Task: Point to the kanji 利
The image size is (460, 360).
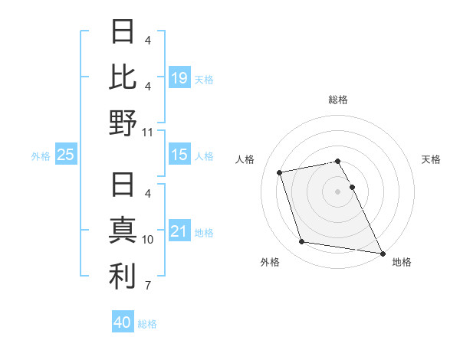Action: [123, 277]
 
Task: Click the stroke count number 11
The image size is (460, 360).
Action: [148, 133]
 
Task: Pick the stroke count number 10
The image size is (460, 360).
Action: [148, 240]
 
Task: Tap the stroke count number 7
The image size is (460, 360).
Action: [148, 286]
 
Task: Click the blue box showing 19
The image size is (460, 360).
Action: [179, 78]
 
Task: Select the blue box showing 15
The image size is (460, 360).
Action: [179, 155]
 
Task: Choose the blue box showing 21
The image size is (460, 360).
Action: [179, 231]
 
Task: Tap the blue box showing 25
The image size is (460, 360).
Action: [66, 155]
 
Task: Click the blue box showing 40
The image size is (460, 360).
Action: [123, 322]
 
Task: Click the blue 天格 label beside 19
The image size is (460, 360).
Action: [204, 79]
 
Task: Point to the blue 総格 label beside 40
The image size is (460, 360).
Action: [147, 323]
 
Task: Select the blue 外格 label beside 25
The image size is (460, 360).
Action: [41, 155]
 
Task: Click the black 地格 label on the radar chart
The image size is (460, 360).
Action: [402, 262]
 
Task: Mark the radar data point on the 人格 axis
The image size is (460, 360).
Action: [281, 172]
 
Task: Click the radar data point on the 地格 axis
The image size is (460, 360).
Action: [382, 253]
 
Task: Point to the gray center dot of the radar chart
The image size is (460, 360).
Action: [337, 191]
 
